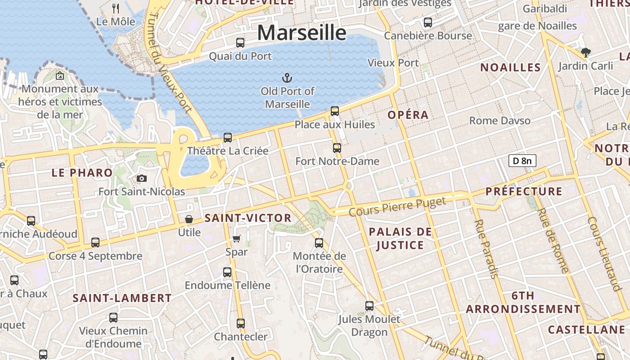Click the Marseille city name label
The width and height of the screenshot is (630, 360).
point(302,33)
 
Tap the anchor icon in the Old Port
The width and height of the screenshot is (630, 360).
point(287,78)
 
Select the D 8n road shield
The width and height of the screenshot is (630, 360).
point(522,161)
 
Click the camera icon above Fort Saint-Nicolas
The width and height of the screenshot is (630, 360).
point(142,178)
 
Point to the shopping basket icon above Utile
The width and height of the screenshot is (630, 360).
point(189,219)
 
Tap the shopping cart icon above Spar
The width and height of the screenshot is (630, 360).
point(237,238)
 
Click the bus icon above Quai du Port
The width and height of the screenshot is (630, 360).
point(240,43)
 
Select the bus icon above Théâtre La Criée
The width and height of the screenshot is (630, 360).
point(228,138)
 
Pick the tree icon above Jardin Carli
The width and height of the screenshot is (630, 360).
point(585,53)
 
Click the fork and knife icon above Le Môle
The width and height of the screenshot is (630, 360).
point(116,8)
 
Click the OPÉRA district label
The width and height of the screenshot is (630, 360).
point(408,115)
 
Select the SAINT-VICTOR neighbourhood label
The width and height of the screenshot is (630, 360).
point(248,218)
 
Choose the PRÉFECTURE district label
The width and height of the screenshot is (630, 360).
point(524,191)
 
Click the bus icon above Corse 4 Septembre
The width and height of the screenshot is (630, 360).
point(95,243)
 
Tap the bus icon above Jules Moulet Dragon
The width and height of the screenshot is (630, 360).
point(369,306)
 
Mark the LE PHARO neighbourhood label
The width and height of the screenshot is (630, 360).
point(82,173)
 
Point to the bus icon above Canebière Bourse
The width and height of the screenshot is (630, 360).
point(428,22)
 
